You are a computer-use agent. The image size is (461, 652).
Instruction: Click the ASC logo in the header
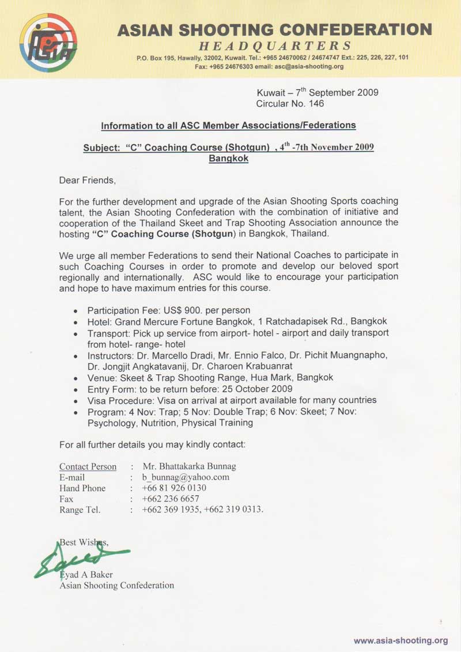coord(48,42)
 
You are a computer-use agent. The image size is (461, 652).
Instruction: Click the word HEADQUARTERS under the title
coord(275,46)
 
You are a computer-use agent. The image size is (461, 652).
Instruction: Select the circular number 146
coord(316,104)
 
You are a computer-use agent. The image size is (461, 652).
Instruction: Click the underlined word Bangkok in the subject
coord(229,158)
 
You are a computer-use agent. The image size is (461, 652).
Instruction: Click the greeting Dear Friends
coord(88,180)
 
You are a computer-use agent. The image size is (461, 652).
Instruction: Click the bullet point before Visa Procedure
coord(76,401)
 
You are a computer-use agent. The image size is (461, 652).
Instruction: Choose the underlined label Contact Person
coord(88,466)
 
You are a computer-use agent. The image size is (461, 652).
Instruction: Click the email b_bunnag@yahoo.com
coord(186,477)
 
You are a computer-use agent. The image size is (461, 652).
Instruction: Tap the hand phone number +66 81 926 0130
coord(174,488)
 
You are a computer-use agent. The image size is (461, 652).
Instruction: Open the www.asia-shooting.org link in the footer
coord(400,640)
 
